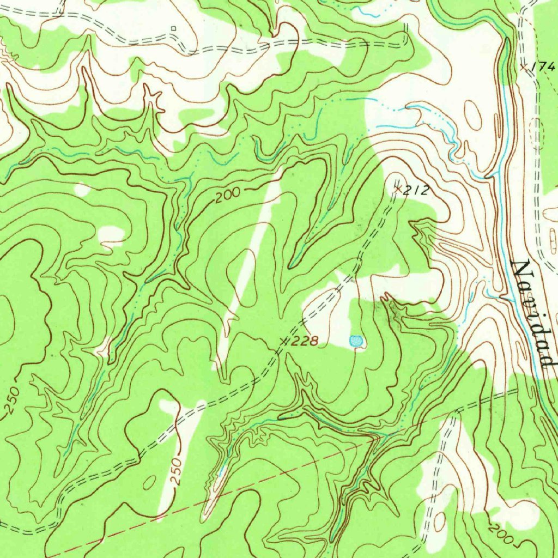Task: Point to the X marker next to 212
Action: [x=398, y=188]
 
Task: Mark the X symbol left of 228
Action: [x=283, y=341]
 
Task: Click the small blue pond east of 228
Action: [x=356, y=342]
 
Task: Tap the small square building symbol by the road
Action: [x=174, y=28]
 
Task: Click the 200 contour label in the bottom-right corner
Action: [x=500, y=533]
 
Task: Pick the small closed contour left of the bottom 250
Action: [x=149, y=482]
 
